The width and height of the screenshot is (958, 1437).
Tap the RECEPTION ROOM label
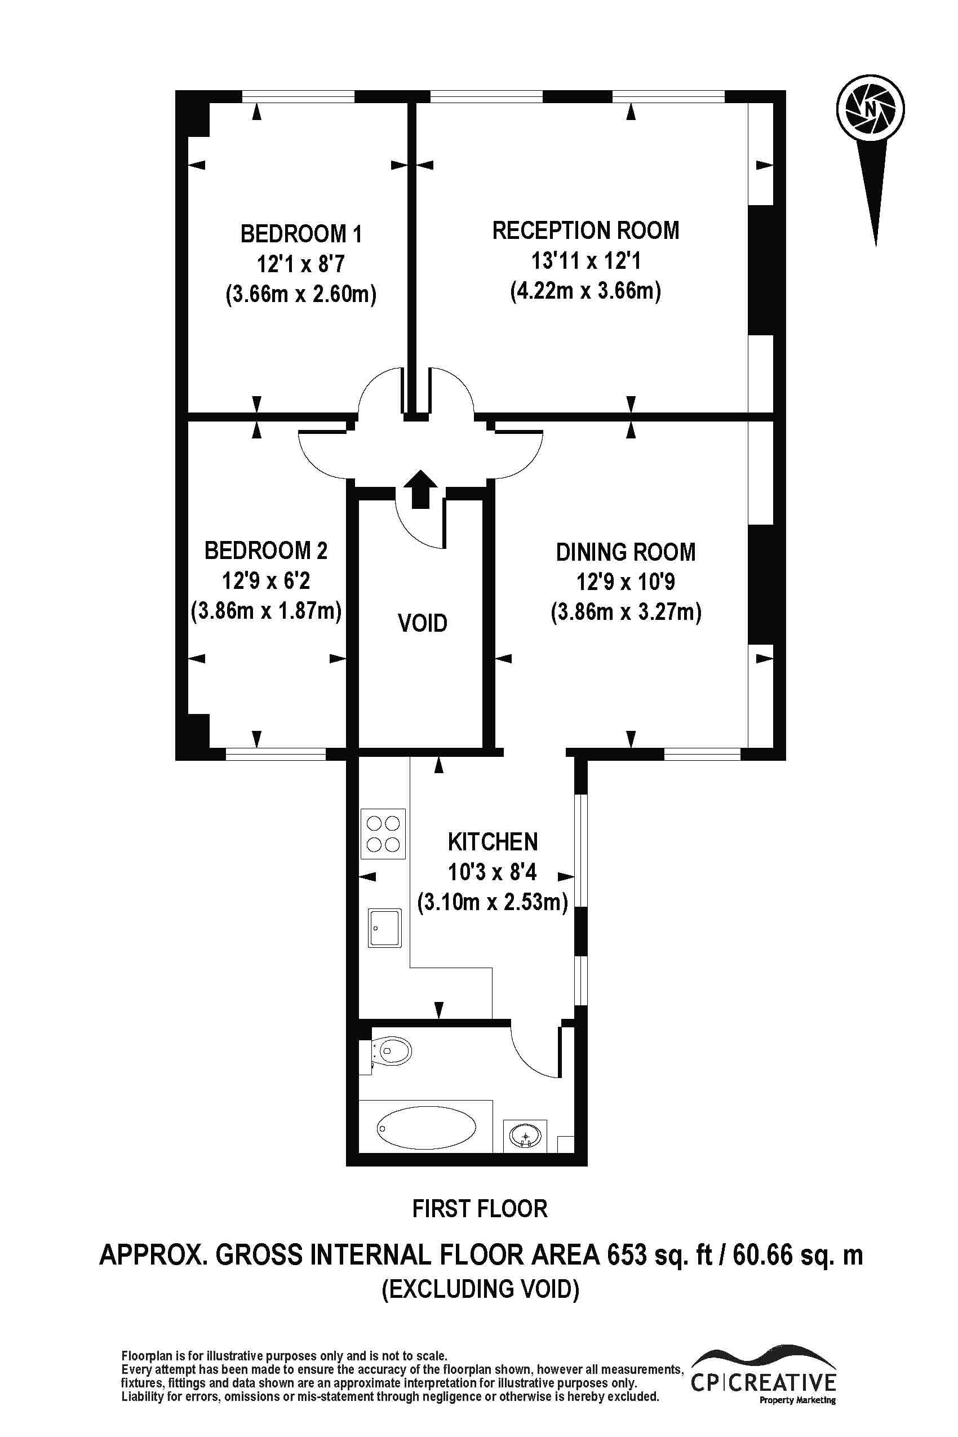click(x=586, y=231)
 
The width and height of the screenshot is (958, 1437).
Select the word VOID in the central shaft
click(x=422, y=623)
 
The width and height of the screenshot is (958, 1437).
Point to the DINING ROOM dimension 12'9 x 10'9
click(x=625, y=582)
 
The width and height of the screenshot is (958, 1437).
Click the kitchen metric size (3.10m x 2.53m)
click(x=493, y=902)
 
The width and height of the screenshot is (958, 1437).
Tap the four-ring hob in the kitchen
click(x=383, y=835)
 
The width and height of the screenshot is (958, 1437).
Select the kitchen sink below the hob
click(x=384, y=928)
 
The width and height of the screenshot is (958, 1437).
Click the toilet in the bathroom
click(x=393, y=1052)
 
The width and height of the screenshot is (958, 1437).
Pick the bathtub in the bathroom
click(x=426, y=1128)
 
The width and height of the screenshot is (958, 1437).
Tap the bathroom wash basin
click(x=525, y=1136)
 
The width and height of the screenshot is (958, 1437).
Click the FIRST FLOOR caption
click(x=480, y=1209)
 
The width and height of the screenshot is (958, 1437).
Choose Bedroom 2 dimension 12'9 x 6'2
click(x=266, y=580)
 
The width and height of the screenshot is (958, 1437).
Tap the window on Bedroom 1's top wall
click(x=298, y=96)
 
